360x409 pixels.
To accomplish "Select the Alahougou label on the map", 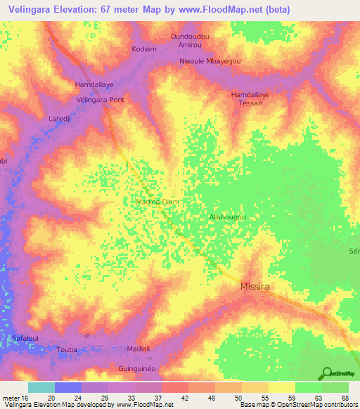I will (x=227, y=218).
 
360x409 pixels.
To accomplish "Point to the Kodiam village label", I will (x=145, y=49).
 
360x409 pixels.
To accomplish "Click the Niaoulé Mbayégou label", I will (x=210, y=61).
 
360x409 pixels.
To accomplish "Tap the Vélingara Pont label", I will (x=100, y=100).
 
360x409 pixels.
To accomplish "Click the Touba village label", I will (x=66, y=349).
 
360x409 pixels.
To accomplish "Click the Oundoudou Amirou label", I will (x=191, y=40).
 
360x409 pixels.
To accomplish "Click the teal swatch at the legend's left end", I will (x=41, y=387).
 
